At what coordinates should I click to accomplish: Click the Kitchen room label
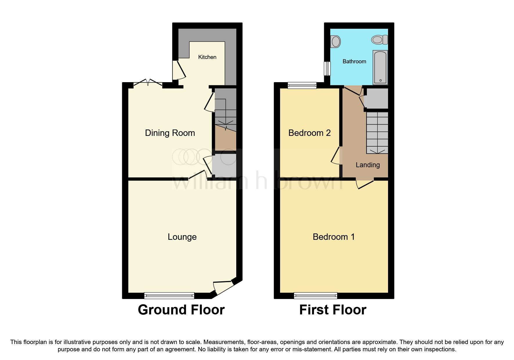[207, 57]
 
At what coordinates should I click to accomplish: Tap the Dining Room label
[170, 133]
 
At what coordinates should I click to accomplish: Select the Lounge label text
[182, 237]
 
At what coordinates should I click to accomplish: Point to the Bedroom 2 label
[309, 133]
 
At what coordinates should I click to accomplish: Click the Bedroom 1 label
[333, 237]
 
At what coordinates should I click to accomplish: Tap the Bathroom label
[354, 61]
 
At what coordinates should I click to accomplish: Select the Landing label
[367, 165]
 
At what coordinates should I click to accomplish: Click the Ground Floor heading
[181, 310]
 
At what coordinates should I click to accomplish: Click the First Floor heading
[333, 310]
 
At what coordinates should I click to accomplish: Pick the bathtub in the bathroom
[380, 67]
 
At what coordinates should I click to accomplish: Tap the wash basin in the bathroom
[336, 41]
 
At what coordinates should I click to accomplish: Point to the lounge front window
[169, 296]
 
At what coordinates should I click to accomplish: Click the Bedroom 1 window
[315, 296]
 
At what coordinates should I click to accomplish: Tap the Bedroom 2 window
[302, 85]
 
